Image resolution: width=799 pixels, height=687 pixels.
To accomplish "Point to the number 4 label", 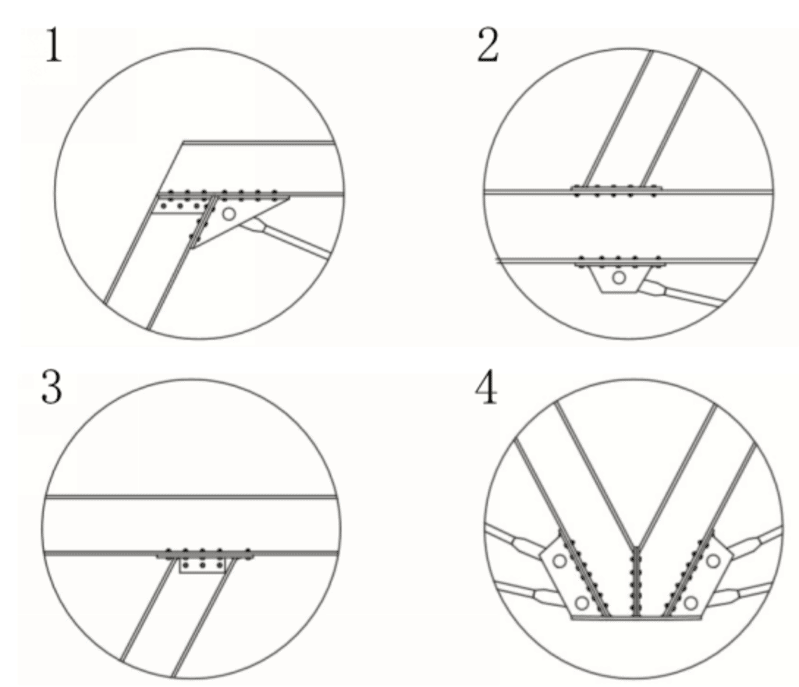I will [x=488, y=390].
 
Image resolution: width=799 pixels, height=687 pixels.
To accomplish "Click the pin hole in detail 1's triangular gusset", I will [x=229, y=213].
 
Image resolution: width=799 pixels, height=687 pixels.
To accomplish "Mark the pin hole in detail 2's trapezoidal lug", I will [x=619, y=277].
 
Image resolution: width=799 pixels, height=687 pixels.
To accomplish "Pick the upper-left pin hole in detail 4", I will [x=559, y=560].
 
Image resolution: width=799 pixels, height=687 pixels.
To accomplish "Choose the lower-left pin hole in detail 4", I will [x=581, y=601].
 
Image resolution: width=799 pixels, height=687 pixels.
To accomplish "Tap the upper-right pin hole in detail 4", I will [x=712, y=560].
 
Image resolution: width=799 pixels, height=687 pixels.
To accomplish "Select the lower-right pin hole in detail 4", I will [x=691, y=601].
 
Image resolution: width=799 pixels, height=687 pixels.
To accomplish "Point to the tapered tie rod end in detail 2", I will [x=659, y=289].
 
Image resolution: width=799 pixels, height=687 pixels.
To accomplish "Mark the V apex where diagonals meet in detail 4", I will [x=637, y=546].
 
